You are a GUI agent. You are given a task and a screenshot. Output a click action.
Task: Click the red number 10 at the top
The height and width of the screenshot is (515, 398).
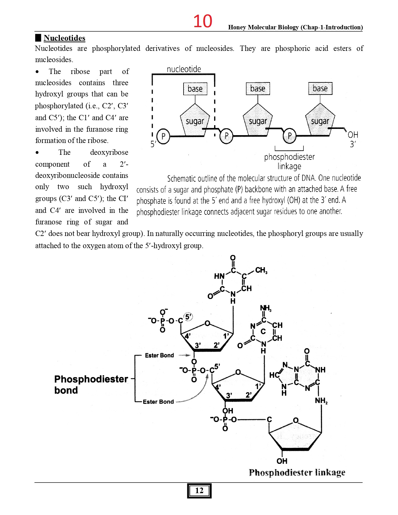[203, 21]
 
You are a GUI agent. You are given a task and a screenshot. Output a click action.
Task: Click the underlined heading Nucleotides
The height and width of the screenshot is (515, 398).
[64, 38]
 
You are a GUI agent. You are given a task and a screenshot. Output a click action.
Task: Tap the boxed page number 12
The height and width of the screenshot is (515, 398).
[199, 491]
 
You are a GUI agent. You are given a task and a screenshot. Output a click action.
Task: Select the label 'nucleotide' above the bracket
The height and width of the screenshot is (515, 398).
[184, 69]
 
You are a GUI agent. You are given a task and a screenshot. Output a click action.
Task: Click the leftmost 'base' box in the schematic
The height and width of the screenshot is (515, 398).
[195, 89]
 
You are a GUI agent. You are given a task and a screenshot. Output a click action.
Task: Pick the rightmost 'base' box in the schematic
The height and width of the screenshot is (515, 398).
[320, 88]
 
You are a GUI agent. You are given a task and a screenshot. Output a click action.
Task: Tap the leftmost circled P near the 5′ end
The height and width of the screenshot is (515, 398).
[163, 136]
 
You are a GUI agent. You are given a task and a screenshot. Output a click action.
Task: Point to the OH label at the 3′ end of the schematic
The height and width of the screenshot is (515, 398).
[353, 135]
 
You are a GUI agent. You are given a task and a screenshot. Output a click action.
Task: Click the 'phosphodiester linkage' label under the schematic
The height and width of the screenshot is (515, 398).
[289, 161]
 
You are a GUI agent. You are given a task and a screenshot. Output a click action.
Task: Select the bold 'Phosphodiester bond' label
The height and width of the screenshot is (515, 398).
[91, 385]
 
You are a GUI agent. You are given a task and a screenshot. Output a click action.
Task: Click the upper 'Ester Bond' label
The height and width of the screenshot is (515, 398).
[159, 355]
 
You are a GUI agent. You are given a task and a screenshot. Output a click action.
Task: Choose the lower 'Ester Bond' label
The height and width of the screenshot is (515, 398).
[158, 402]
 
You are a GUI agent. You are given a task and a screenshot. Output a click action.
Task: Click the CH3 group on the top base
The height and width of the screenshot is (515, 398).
[261, 270]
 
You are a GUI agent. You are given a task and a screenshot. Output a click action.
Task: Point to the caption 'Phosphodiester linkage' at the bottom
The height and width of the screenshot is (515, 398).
[297, 472]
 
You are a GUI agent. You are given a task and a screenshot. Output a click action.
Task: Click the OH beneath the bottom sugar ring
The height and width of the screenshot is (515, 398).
[282, 461]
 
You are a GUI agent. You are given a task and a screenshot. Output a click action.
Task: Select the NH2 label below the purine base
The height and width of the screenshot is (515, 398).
[321, 400]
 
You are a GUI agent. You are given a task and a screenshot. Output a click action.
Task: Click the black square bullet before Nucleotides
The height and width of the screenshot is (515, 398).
[38, 38]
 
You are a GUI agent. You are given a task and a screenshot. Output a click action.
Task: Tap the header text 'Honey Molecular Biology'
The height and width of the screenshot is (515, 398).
[264, 27]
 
